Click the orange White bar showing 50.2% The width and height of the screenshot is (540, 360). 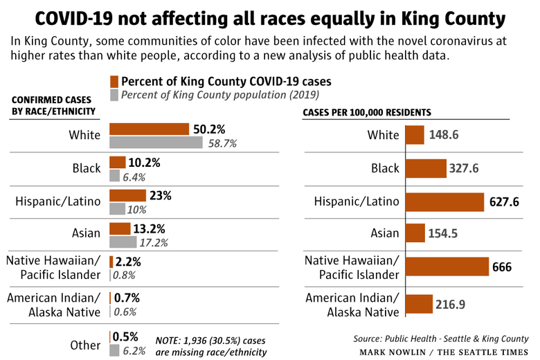pos(149,129)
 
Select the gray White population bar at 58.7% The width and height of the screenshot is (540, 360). pos(156,143)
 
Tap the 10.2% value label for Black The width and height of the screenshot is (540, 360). pos(144,162)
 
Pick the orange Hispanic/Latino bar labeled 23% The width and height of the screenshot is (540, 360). pos(128,195)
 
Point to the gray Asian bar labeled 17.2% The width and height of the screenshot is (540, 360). pos(123,242)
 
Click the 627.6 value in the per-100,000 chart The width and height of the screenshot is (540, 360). pos(504,202)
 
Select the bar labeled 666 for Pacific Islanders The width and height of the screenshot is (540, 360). pos(447,267)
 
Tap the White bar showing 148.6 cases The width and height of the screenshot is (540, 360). pos(415,135)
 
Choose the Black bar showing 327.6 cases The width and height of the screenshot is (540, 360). pos(426,168)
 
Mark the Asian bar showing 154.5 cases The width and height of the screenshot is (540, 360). pos(415,233)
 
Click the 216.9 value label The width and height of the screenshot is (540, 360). pos(450,305)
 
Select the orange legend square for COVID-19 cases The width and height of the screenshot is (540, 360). pos(114,82)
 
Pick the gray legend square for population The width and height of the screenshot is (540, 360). pos(114,95)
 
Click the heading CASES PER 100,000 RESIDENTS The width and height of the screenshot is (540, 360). pos(367,113)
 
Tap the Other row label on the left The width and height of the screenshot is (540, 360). pos(85,345)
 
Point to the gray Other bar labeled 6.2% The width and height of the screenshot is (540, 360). pos(114,351)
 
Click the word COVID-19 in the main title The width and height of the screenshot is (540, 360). pos(73,19)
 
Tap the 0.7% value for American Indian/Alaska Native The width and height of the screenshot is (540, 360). pos(127,298)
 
